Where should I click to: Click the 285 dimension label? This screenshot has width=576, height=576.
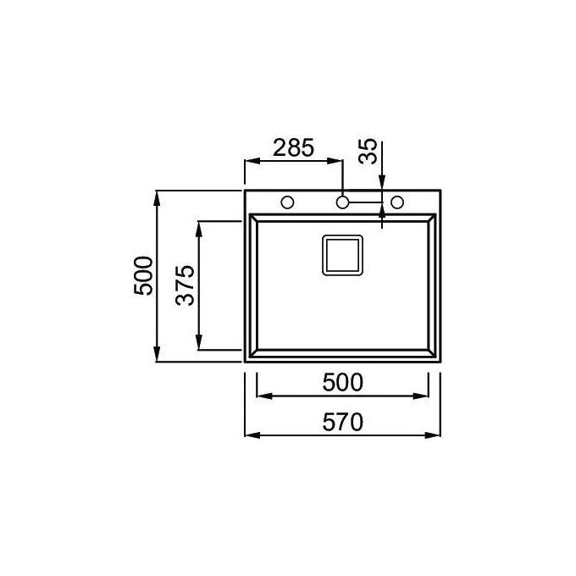coord(294,147)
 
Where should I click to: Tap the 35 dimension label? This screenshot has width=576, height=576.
coord(368,151)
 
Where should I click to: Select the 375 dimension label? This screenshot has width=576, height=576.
coord(185,285)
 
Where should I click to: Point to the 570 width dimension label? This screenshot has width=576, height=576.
coord(343,422)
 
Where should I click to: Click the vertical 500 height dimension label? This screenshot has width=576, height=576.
coord(143,276)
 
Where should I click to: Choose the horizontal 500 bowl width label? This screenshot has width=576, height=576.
coord(343,382)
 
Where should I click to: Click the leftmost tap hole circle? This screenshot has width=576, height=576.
coord(287,202)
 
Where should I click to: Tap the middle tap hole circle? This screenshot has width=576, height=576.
coord(342,202)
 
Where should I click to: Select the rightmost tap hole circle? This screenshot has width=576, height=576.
coord(397,202)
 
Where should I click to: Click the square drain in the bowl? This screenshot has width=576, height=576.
coord(342,255)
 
